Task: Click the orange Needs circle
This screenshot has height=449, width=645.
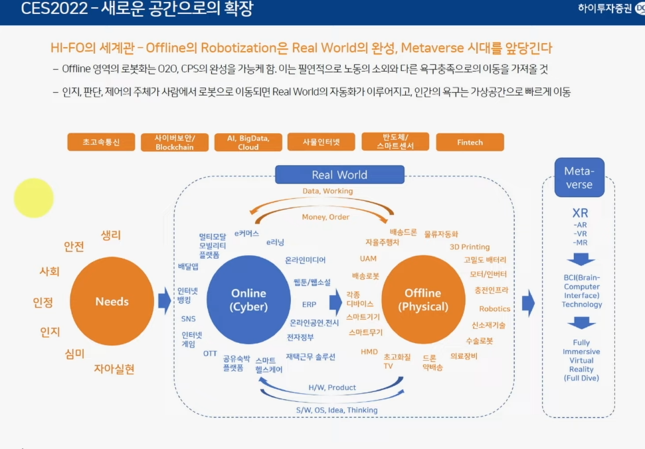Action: point(112,301)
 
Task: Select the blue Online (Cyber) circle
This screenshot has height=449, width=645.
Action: point(248,300)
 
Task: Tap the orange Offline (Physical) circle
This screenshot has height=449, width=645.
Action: point(423,300)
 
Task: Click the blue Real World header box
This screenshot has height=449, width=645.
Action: point(339,175)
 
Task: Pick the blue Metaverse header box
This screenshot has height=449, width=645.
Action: point(578,177)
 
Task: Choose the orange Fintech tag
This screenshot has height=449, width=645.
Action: point(470,142)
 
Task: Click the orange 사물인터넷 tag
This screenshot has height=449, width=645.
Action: point(322,142)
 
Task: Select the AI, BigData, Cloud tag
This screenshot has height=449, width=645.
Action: point(248,142)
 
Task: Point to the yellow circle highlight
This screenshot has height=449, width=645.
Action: point(34,198)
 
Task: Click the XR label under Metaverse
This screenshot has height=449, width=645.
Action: point(579,214)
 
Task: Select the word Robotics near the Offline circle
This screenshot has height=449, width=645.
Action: point(494,309)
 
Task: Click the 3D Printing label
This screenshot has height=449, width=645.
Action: point(470,247)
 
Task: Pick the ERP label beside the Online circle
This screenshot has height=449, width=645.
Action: point(309,305)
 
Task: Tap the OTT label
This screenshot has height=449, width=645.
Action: point(210,353)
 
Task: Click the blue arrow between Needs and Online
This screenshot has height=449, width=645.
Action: point(164,302)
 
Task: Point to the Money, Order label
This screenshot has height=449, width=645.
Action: point(325,217)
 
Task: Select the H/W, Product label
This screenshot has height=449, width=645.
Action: point(332,387)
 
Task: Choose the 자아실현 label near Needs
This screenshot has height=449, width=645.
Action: point(114,369)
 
